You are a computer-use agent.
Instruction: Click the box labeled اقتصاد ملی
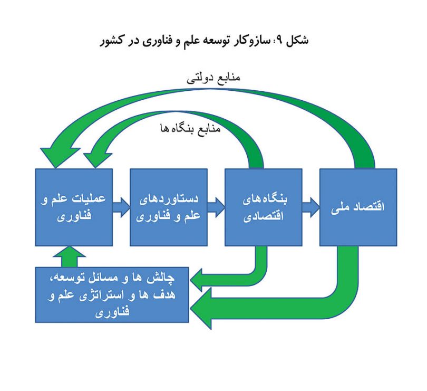(x=358, y=207)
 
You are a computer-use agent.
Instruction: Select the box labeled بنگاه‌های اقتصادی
(x=264, y=207)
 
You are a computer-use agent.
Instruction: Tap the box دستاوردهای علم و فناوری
(x=169, y=207)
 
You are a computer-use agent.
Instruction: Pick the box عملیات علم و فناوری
(x=74, y=207)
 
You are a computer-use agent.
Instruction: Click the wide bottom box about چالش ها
(x=112, y=295)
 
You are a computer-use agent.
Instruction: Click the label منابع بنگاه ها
(x=190, y=128)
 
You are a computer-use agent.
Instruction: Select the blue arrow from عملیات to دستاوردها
(x=121, y=207)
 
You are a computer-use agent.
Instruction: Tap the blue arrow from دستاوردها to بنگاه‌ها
(x=216, y=207)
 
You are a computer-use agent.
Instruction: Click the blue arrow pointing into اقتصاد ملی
(x=310, y=207)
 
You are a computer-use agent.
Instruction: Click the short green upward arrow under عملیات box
(x=69, y=256)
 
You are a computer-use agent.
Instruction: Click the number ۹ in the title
(x=280, y=40)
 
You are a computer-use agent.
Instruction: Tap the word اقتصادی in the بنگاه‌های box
(x=264, y=216)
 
